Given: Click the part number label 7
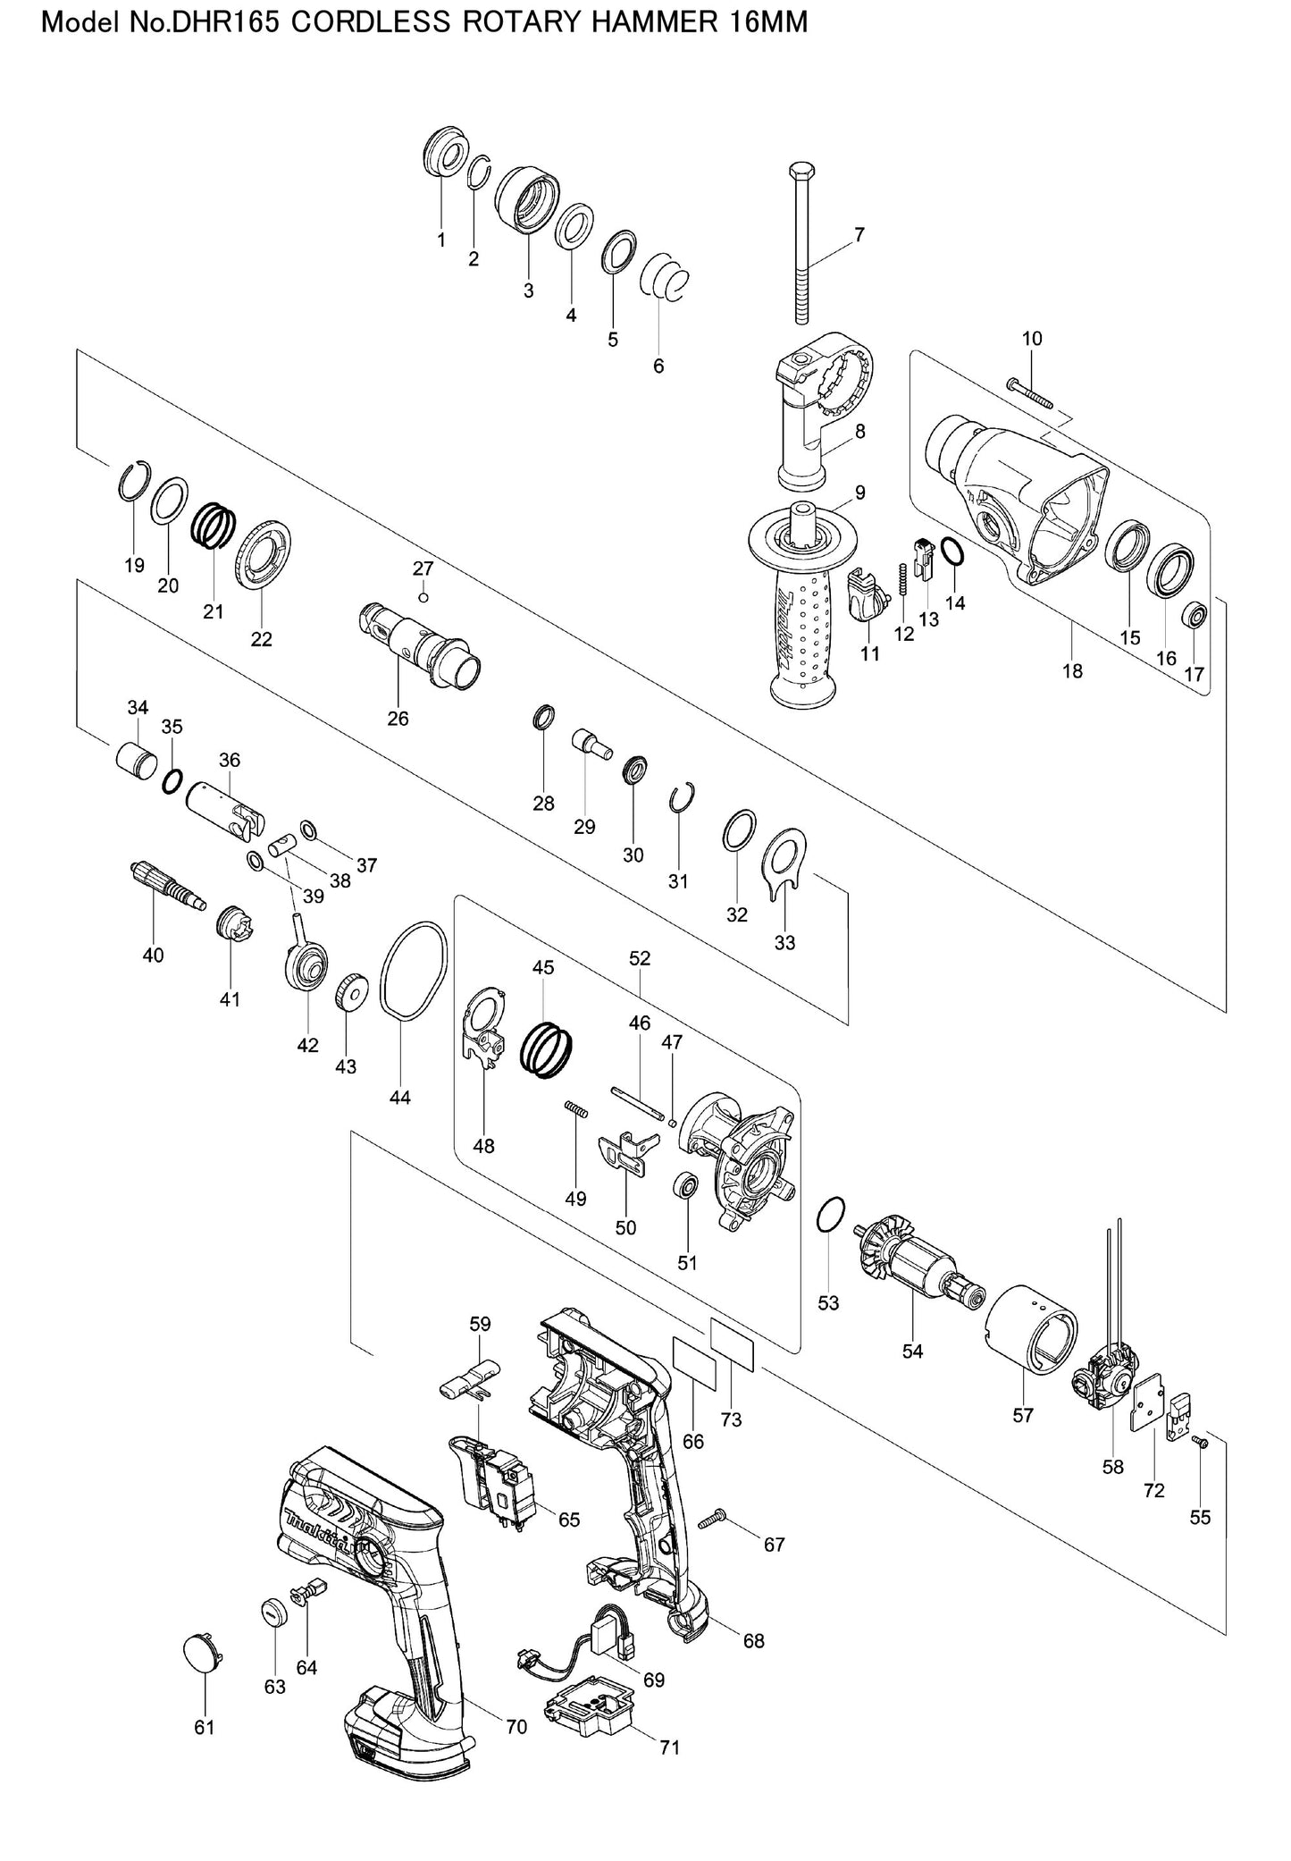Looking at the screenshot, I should [x=859, y=235].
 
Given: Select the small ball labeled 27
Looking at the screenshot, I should [x=423, y=597].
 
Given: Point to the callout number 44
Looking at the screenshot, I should [x=400, y=1098].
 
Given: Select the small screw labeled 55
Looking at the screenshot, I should [x=1199, y=1441].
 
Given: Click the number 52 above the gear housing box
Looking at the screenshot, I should [x=640, y=959].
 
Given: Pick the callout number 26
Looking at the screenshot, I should [x=398, y=719].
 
